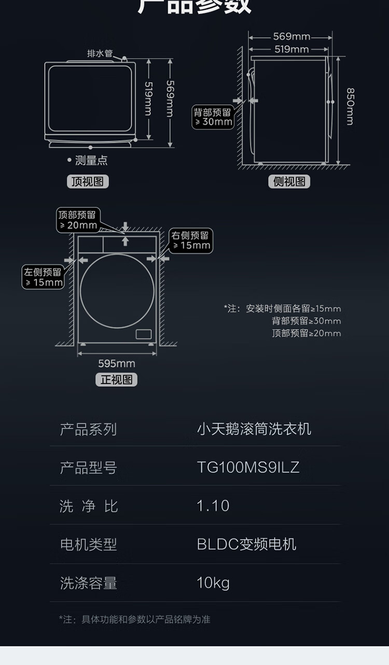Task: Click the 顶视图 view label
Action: (88, 182)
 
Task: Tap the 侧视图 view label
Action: (289, 182)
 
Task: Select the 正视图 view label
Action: (116, 379)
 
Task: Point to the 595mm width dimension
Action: (117, 363)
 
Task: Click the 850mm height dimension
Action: (350, 106)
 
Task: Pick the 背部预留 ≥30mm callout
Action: (213, 117)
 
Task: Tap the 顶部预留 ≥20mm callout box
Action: (78, 220)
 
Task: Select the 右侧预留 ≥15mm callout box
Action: (191, 240)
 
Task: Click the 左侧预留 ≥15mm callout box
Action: (43, 277)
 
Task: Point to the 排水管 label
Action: (100, 53)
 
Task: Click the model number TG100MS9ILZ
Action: (248, 467)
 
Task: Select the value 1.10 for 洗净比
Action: (213, 506)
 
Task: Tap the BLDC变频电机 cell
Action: (246, 544)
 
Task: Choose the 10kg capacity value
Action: (213, 583)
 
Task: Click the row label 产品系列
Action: (88, 429)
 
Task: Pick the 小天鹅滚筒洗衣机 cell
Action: (254, 429)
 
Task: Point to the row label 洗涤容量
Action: (88, 583)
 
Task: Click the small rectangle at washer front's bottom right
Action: (144, 334)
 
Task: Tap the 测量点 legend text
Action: (91, 160)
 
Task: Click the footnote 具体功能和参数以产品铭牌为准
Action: (146, 619)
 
